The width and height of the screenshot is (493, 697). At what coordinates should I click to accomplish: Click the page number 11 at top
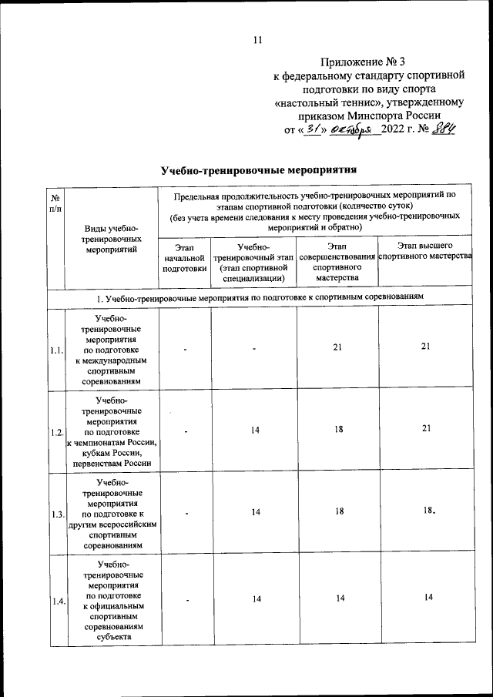pyautogui.click(x=258, y=40)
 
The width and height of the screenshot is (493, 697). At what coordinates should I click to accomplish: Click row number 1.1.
pyautogui.click(x=56, y=350)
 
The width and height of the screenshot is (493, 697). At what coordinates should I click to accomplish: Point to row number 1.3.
pyautogui.click(x=56, y=513)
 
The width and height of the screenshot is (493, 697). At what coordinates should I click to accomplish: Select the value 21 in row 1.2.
pyautogui.click(x=424, y=430)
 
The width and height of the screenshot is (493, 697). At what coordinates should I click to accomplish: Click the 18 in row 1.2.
pyautogui.click(x=337, y=430)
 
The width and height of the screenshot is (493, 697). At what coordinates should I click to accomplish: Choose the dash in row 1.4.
pyautogui.click(x=185, y=601)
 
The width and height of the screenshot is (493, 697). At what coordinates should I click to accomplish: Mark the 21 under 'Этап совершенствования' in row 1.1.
pyautogui.click(x=337, y=348)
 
